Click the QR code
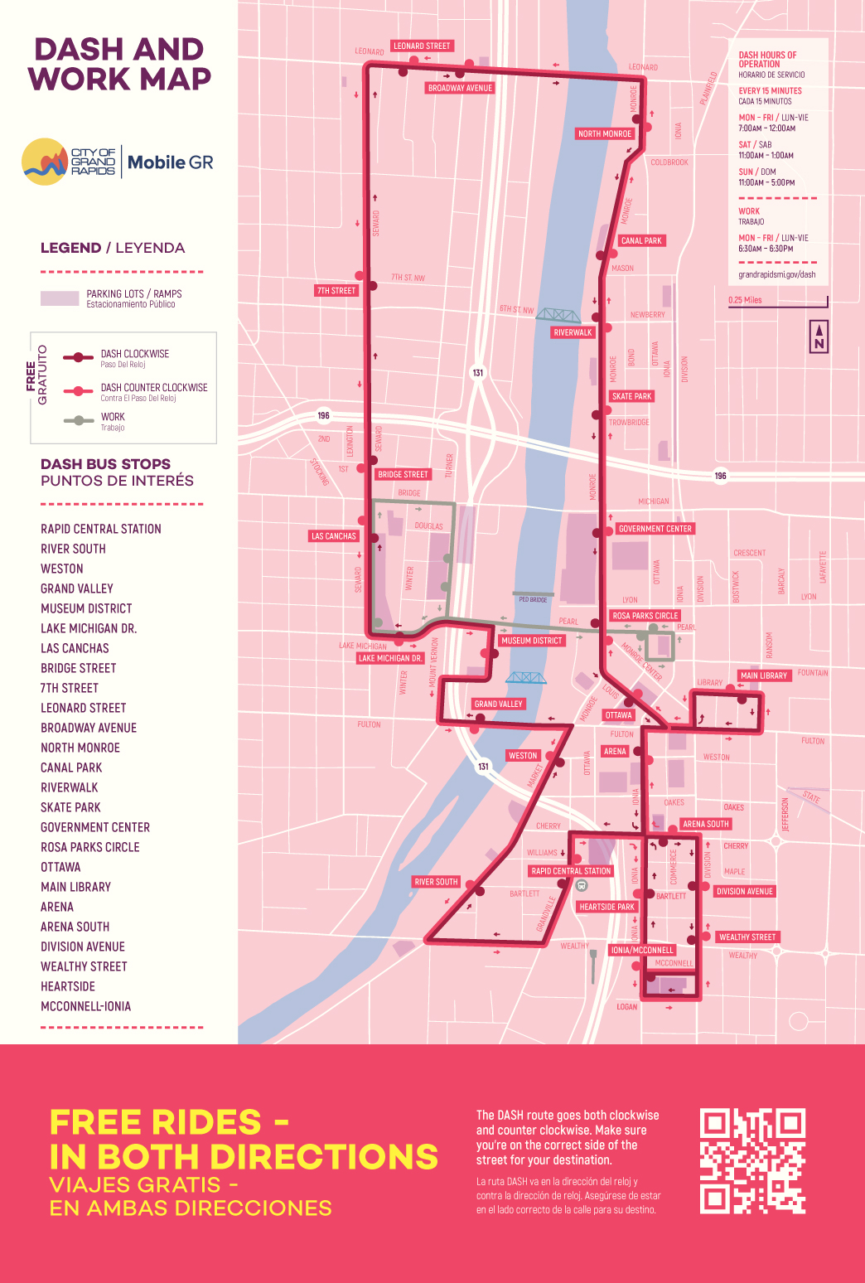coord(752,1161)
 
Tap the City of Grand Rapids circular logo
coord(45,162)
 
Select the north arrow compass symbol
coord(819,336)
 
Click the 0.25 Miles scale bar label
coord(745,300)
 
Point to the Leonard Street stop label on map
coord(422,46)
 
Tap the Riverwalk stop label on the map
coord(573,332)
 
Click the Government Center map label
coord(655,529)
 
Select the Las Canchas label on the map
coord(333,536)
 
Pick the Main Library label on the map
coord(763,675)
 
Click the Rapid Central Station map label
coord(571,871)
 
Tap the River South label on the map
coord(436,882)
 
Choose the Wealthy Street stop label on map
coord(747,937)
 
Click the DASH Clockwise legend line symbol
coord(78,357)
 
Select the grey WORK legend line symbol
coord(78,420)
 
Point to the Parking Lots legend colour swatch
coord(60,298)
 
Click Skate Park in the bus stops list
coord(70,807)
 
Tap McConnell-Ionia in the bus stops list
coord(85,1006)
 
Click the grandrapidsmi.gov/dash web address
coord(776,274)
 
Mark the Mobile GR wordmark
coord(170,162)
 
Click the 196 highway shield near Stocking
coord(323,415)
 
